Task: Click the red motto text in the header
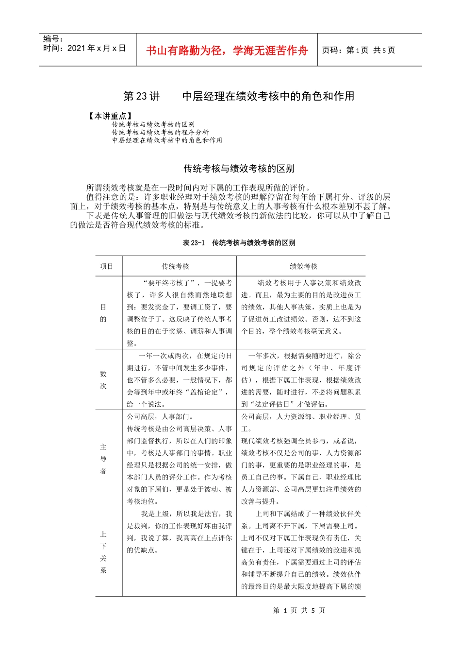click(227, 51)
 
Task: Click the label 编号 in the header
click(53, 39)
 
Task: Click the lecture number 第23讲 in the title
click(141, 96)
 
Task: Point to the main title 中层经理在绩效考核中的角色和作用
click(268, 96)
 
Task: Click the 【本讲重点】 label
click(110, 116)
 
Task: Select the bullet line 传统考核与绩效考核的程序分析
click(160, 132)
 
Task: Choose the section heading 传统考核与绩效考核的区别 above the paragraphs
click(239, 169)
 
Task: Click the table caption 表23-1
click(194, 242)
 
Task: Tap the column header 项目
click(107, 266)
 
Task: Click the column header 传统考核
click(175, 266)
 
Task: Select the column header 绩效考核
click(303, 266)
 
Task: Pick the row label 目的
click(103, 313)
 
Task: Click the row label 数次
click(103, 379)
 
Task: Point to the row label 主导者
click(103, 459)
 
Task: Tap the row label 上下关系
click(103, 552)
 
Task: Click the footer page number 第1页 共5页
click(299, 610)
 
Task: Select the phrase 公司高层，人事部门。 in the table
click(161, 416)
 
